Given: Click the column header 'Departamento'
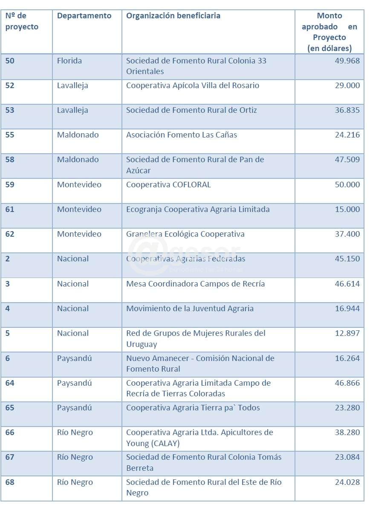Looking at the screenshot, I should pos(84,16).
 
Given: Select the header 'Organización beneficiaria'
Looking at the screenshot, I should pos(173,16).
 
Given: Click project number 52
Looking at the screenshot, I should pos(10,86).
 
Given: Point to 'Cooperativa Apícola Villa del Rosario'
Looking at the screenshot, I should pos(192,86).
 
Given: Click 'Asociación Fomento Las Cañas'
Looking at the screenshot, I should pos(181,135).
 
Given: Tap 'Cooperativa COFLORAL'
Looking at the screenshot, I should pos(168,185).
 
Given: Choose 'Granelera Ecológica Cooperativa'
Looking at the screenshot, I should pos(185,234).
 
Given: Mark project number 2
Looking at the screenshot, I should pos(8,259).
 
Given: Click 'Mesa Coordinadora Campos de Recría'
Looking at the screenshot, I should pos(195,284).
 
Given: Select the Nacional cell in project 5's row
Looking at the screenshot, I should pos(73,333).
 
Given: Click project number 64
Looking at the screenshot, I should pos(10,383).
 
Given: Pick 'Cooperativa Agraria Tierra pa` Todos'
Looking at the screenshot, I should pos(193,408).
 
